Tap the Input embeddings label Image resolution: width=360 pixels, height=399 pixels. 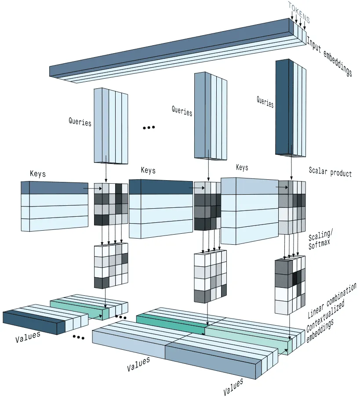(x=329, y=56)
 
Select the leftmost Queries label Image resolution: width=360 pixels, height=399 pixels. (x=80, y=121)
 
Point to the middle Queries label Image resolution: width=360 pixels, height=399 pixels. (x=182, y=110)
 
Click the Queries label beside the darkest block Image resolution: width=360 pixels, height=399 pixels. (x=265, y=102)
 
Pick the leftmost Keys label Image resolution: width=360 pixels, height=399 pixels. (x=38, y=174)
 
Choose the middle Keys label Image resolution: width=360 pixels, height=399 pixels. (x=148, y=170)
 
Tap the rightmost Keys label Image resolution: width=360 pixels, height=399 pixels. (x=242, y=167)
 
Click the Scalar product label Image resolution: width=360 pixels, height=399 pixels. (x=330, y=172)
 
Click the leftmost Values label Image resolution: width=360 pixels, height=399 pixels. (x=28, y=337)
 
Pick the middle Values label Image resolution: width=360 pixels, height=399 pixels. (x=138, y=364)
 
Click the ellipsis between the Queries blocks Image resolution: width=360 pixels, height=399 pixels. (x=149, y=127)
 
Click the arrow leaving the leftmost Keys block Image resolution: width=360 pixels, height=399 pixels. (x=91, y=189)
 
